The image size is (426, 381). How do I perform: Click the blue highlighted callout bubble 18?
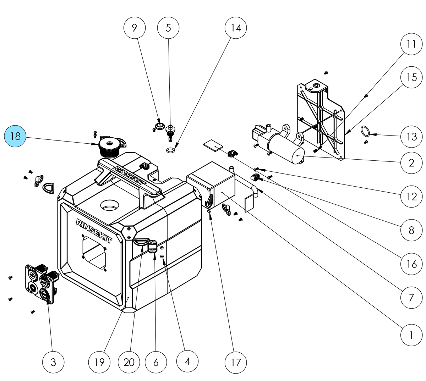point(15,136)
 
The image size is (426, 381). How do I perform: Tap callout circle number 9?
point(135,27)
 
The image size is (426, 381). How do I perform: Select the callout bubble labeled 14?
point(236,27)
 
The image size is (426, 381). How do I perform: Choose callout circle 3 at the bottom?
point(53,362)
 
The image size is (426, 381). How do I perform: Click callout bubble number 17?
point(236,362)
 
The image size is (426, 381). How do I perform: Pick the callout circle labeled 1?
point(411,335)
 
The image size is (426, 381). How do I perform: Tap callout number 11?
point(411,44)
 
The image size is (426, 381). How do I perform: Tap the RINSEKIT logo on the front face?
point(94,231)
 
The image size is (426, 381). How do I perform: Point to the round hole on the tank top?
point(110,205)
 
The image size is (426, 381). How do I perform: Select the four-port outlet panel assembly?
point(40,282)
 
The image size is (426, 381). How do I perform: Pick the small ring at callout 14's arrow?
point(170,150)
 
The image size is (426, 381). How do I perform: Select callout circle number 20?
point(129,362)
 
